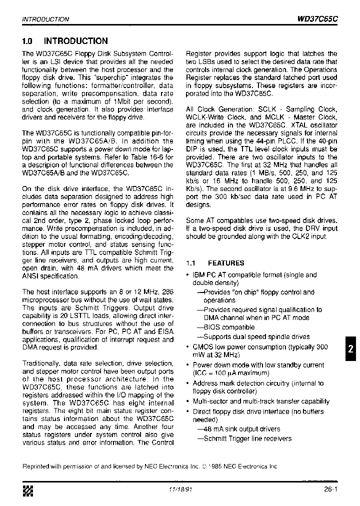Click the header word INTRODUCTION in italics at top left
point(45,19)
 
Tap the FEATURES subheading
point(226,263)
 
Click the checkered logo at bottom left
point(28,491)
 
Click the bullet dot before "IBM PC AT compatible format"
point(187,275)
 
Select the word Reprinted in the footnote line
point(36,466)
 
